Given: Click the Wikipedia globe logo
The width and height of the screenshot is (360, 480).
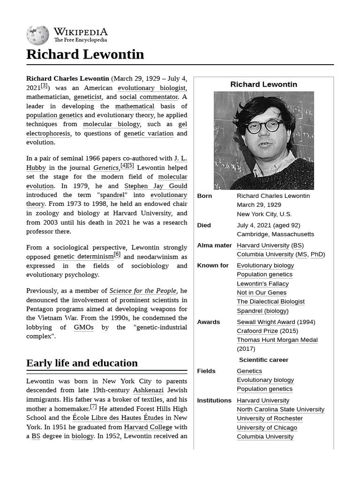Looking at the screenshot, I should tap(37, 35).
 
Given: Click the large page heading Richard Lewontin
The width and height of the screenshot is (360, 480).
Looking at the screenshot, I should tap(85, 54).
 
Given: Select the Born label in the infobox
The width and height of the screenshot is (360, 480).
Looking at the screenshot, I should tap(204, 196).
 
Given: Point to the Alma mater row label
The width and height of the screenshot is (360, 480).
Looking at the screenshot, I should tap(214, 245).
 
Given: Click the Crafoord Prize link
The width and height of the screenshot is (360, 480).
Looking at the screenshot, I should tap(257, 331).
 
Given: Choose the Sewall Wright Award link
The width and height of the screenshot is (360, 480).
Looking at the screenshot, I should tap(266, 322).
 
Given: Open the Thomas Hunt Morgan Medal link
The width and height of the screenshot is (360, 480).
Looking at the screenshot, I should tap(277, 340).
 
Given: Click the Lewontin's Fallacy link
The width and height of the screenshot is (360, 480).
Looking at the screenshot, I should tap(262, 284).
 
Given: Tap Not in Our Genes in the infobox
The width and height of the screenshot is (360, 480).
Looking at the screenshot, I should tap(262, 292).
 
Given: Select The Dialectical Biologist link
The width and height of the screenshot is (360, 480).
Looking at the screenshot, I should tap(270, 301).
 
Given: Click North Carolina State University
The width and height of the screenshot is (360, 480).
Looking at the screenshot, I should tap(280, 409).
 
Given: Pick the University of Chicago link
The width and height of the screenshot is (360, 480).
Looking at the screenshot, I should tap(267, 427).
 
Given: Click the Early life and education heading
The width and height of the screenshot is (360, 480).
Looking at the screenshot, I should tap(82, 363).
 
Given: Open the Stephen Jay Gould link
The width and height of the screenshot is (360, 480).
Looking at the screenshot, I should tap(156, 186).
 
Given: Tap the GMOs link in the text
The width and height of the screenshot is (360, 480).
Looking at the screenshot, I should tap(83, 327).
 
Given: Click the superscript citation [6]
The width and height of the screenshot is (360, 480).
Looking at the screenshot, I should tap(117, 255).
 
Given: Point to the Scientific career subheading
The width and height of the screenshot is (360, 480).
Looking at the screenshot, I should tap(263, 360).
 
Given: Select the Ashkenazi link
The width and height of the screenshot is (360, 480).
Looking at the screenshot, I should tap(148, 390).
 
